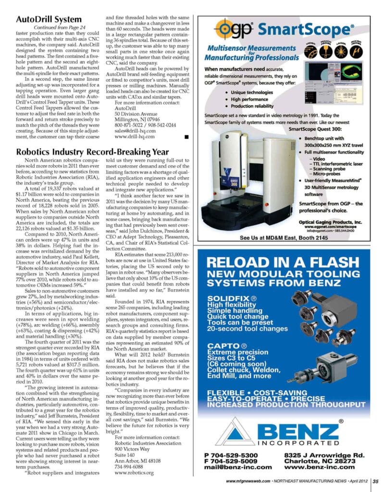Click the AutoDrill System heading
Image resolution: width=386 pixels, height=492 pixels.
coord(49,19)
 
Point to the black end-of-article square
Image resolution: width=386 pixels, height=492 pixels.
coord(187,137)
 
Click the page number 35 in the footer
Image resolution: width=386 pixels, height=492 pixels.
coord(376,480)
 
